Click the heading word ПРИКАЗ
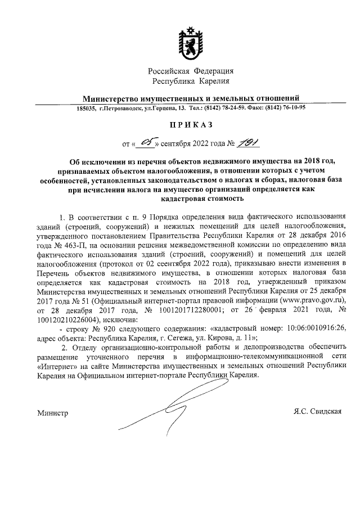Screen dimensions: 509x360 [x=191, y=128]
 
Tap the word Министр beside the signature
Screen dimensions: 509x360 [x=53, y=413]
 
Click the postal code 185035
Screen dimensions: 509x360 [x=87, y=107]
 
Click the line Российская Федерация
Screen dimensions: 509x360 [x=191, y=71]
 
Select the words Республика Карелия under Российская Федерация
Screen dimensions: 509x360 [x=191, y=82]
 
